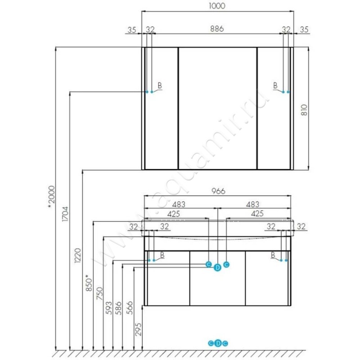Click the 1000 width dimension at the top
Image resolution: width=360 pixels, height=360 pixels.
coord(217,6)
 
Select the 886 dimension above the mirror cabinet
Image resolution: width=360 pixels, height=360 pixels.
coord(217,29)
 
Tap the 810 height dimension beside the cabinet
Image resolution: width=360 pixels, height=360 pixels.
coord(304,110)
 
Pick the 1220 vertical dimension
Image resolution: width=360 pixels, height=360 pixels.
coord(77,255)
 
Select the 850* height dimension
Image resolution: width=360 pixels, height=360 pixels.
coord(89,283)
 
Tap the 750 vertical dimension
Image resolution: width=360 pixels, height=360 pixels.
coord(99,293)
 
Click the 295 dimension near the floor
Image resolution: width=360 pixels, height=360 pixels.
coord(138,329)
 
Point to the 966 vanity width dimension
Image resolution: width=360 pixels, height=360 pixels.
coord(218,191)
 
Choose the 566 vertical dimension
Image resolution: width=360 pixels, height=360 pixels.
coord(130,308)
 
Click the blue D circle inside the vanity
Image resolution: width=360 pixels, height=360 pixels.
coord(217,267)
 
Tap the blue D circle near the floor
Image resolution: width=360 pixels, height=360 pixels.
coord(218,343)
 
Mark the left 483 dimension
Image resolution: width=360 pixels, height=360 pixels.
coord(179,204)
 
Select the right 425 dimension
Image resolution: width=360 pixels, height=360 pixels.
coord(257,213)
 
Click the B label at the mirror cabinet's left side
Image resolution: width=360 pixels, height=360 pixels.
coord(160,85)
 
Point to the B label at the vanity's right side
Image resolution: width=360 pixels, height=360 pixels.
coord(273,255)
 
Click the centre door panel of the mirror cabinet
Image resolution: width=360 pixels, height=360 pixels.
coord(217,108)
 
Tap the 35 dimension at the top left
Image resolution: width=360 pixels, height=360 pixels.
coord(132,30)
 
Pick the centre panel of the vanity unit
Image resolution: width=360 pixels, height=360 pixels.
coord(218,278)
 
